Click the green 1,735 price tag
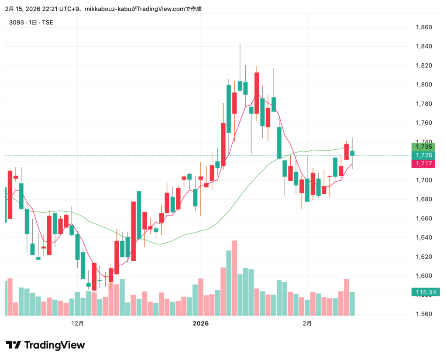424,147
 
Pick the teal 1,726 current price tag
424,155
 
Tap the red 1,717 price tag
424,164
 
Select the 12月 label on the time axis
77,323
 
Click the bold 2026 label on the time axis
201,323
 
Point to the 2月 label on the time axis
307,323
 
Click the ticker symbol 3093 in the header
16,22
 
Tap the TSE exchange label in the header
47,22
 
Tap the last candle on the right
352,153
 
